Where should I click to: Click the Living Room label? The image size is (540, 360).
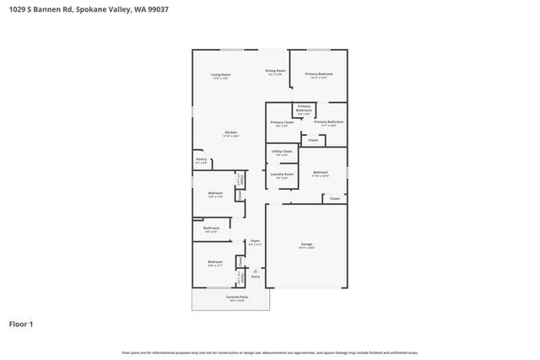221,74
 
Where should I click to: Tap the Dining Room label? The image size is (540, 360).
276,71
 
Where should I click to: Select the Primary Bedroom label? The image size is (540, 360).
319,74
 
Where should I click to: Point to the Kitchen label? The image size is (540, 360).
230,132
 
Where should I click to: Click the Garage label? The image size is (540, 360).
306,245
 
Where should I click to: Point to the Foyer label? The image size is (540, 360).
255,242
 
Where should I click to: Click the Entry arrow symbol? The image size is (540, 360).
256,271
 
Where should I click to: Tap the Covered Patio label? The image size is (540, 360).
236,297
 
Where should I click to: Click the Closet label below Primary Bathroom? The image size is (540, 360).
312,140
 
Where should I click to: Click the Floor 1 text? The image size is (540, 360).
21,324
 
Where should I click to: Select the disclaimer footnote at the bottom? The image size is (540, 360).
270,352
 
